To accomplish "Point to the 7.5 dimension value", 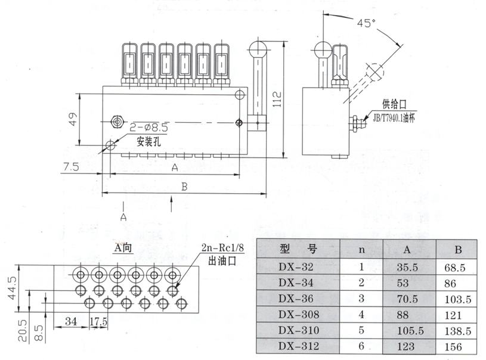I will (70, 167).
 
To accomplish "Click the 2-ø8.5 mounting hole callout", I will (148, 126).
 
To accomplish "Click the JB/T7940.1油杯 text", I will (397, 119).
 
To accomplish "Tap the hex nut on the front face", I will (117, 122).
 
